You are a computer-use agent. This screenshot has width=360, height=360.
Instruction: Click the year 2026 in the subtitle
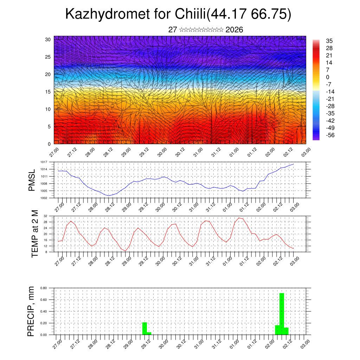pos(234,30)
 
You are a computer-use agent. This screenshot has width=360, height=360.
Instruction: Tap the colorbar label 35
pos(329,41)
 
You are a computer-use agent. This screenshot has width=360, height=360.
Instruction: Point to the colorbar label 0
pos(328,77)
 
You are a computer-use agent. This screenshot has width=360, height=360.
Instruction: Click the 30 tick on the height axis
pos(48,39)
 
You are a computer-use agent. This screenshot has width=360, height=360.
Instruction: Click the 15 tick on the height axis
pos(48,92)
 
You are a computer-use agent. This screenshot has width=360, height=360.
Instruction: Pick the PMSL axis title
pos(32,180)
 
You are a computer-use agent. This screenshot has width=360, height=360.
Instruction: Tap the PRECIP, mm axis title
pos(32,311)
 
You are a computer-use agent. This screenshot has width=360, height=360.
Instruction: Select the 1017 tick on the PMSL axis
pos(44,162)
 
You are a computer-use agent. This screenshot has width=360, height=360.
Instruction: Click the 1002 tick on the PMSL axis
pos(44,198)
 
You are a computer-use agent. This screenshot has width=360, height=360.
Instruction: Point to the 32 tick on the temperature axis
pos(46,216)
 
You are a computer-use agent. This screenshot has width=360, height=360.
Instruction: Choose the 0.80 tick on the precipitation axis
pos(44,288)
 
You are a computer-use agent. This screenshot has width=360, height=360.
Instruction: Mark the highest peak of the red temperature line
pos(239,218)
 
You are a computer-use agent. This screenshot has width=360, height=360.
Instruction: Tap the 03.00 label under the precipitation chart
pos(305,343)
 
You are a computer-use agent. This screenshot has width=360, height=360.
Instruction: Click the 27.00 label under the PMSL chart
pos(59,206)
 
